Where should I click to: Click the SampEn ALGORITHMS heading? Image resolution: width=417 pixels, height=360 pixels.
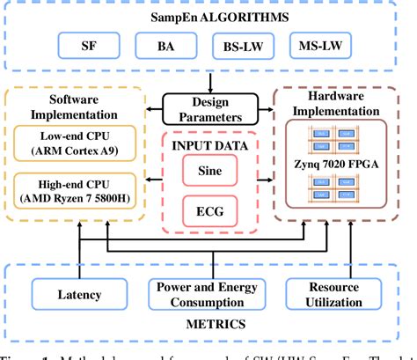pyautogui.click(x=209, y=14)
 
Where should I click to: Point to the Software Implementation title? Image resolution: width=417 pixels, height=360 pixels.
pyautogui.click(x=74, y=107)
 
